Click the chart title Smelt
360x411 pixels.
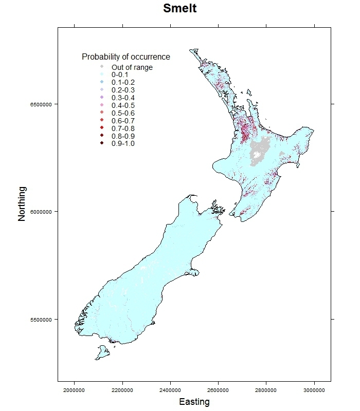pyautogui.click(x=179, y=9)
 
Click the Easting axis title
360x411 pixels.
pyautogui.click(x=194, y=402)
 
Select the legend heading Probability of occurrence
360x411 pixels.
pyautogui.click(x=126, y=57)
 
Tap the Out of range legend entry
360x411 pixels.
pyautogui.click(x=132, y=67)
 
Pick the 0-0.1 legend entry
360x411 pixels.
pyautogui.click(x=120, y=75)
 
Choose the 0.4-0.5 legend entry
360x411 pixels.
pyautogui.click(x=123, y=105)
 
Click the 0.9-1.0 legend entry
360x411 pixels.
pyautogui.click(x=123, y=143)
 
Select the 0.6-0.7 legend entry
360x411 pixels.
pyautogui.click(x=123, y=121)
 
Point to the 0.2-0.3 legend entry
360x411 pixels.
pyautogui.click(x=123, y=90)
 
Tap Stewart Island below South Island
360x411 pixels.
pyautogui.click(x=102, y=352)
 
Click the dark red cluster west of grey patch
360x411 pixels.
pyautogui.click(x=245, y=131)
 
